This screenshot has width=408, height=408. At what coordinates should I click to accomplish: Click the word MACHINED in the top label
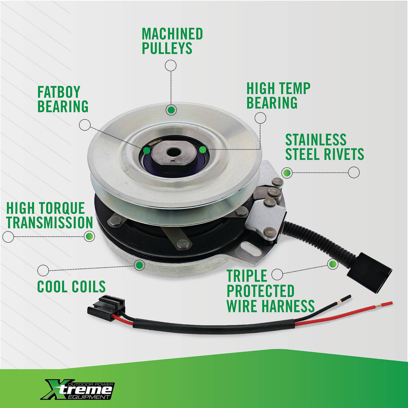(x=172, y=34)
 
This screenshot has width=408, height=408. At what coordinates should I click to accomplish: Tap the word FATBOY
(x=59, y=92)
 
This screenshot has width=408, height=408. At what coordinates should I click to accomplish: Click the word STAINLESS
(x=316, y=140)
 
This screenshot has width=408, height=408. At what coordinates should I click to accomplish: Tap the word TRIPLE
(x=247, y=276)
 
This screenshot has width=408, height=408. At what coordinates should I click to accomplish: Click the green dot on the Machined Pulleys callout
(x=171, y=110)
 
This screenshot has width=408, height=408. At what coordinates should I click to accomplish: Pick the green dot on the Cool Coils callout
(x=139, y=265)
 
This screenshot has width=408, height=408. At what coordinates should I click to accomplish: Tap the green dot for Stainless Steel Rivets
(x=287, y=173)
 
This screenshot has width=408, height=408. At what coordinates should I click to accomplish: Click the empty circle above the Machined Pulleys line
(x=171, y=65)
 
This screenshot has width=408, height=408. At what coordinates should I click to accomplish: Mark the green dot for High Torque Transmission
(x=89, y=236)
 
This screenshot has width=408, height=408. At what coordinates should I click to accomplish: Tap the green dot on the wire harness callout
(x=332, y=264)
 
